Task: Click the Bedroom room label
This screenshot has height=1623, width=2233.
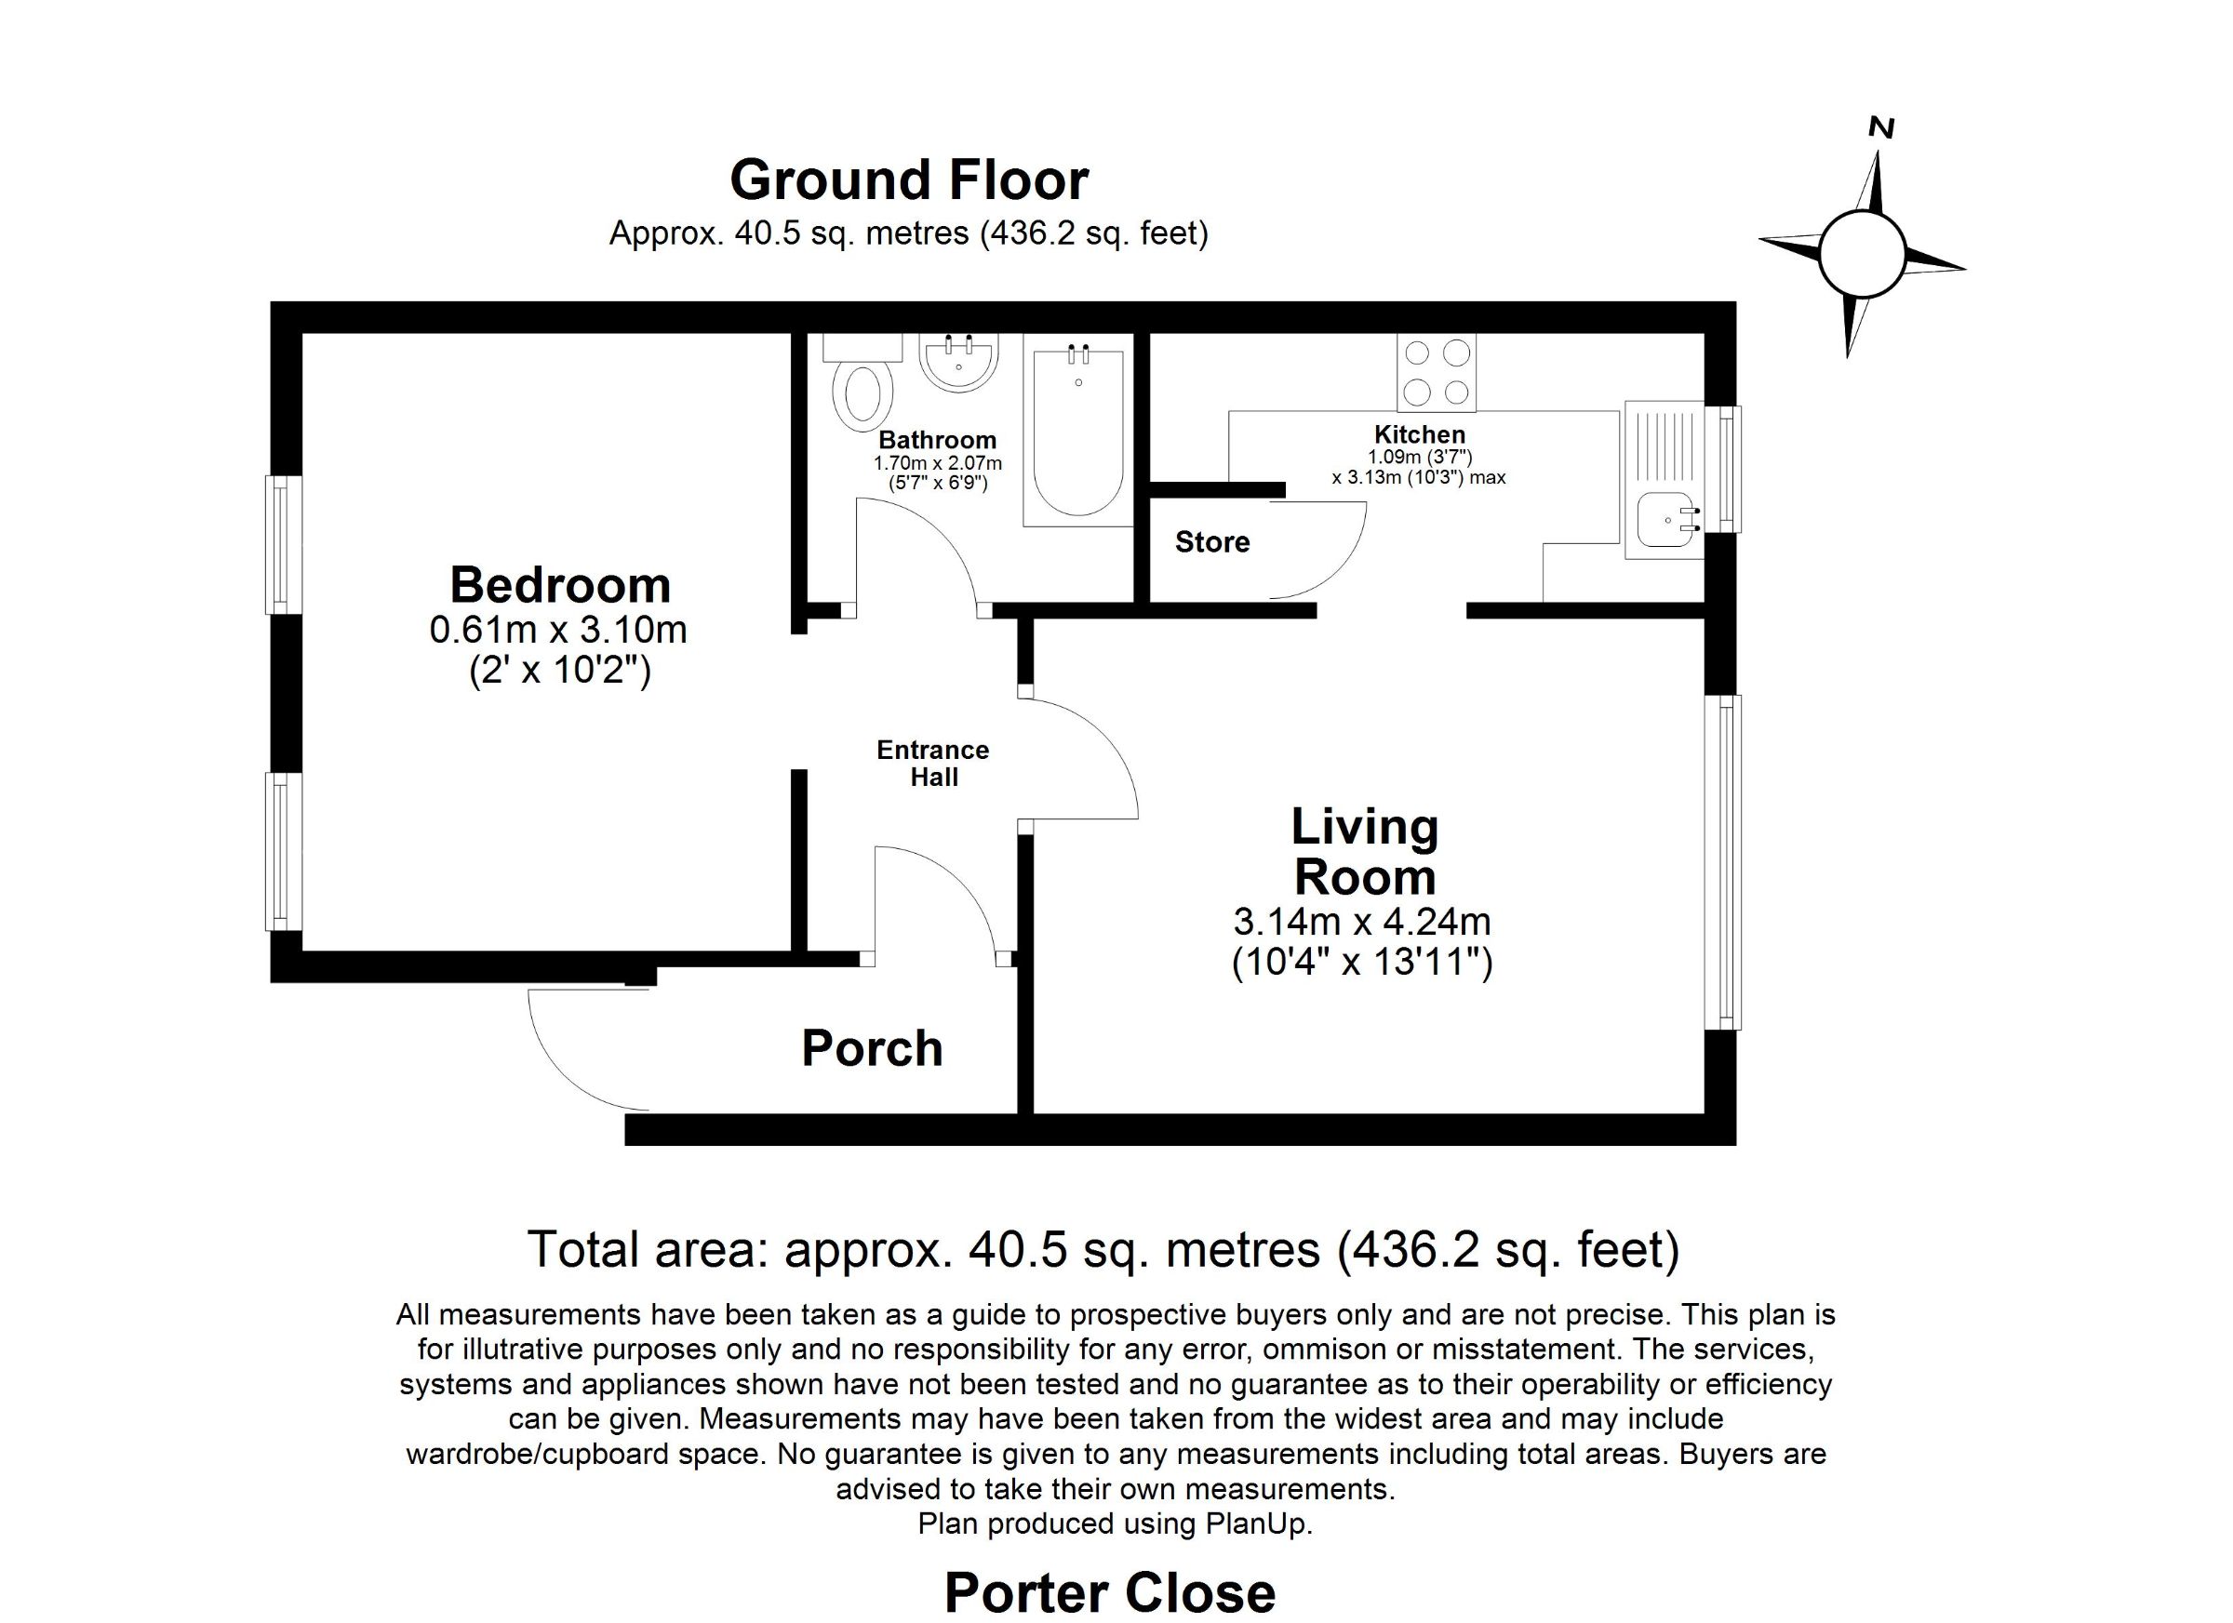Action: coord(560,586)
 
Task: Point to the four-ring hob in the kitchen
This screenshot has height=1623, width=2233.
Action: coord(1437,372)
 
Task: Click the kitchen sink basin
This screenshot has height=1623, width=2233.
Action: coord(1664,521)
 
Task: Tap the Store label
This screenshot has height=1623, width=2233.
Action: coord(1212,542)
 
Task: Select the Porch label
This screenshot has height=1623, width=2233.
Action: coord(873,1048)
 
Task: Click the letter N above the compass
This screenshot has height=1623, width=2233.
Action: coord(1881,154)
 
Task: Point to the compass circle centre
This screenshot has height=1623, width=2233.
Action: coord(1861,254)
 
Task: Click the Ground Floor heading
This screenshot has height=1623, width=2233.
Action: coord(909,180)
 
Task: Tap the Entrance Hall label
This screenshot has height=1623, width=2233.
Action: coord(933,764)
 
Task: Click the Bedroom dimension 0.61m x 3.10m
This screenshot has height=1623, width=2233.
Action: coord(558,630)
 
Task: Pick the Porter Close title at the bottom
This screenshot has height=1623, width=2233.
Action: coord(1110,1592)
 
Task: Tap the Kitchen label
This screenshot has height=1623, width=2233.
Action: coord(1420,434)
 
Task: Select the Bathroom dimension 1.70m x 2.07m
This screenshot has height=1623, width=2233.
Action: coord(937,462)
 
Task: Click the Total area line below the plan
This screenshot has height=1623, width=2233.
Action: coord(1103,1250)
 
